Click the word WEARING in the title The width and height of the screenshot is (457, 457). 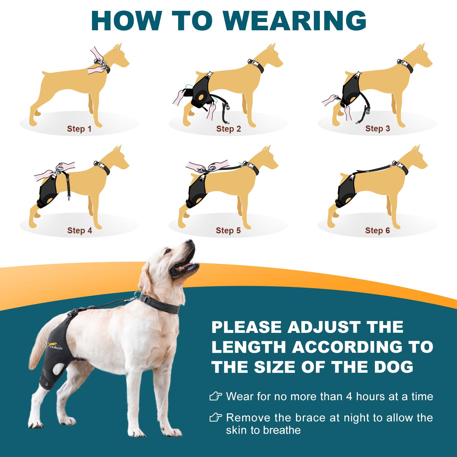295,21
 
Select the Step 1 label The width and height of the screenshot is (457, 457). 79,129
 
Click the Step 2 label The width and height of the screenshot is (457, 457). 228,129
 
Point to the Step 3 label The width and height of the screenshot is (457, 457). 378,129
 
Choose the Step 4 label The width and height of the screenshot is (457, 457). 80,230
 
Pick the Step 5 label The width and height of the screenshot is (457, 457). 228,230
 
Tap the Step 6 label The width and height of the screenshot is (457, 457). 378,230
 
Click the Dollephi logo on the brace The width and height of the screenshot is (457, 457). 55,346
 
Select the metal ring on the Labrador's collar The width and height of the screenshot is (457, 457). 138,295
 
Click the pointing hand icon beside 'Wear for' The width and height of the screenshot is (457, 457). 216,396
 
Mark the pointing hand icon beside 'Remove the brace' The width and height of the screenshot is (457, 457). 216,418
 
